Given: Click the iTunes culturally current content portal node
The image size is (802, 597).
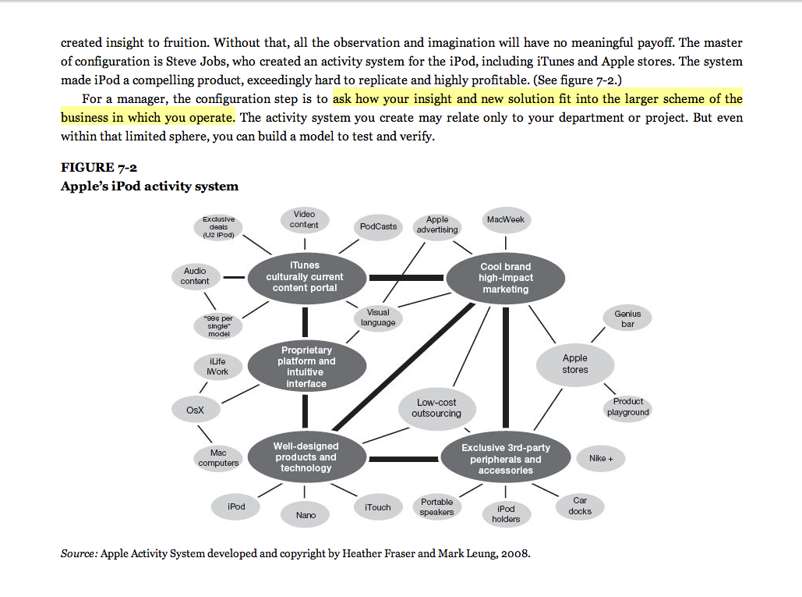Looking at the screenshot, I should tap(305, 277).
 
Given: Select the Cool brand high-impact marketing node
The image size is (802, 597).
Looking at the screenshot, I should tap(505, 279).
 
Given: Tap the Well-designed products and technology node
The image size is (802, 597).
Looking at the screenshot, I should tap(306, 457).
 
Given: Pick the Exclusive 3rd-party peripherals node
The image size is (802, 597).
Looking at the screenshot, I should tap(505, 459).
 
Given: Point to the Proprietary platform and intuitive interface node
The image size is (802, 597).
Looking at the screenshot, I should tap(306, 367).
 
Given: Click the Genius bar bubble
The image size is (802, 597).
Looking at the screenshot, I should tap(627, 318).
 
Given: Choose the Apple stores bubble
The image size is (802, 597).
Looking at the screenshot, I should tap(575, 364).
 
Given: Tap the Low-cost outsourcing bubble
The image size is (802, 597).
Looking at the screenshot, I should tap(436, 408).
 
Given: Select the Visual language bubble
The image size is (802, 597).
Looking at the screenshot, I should tap(378, 318).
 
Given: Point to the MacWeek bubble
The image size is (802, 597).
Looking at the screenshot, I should tap(506, 220).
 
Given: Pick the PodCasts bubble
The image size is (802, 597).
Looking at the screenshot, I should tap(378, 226).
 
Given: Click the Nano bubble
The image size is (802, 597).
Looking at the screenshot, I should tap(306, 515).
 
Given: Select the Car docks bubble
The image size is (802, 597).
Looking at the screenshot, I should tap(580, 506).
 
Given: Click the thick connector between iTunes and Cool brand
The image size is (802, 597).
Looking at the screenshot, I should tap(405, 278).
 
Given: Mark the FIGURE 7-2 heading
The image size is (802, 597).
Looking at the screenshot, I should tap(99, 167).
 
